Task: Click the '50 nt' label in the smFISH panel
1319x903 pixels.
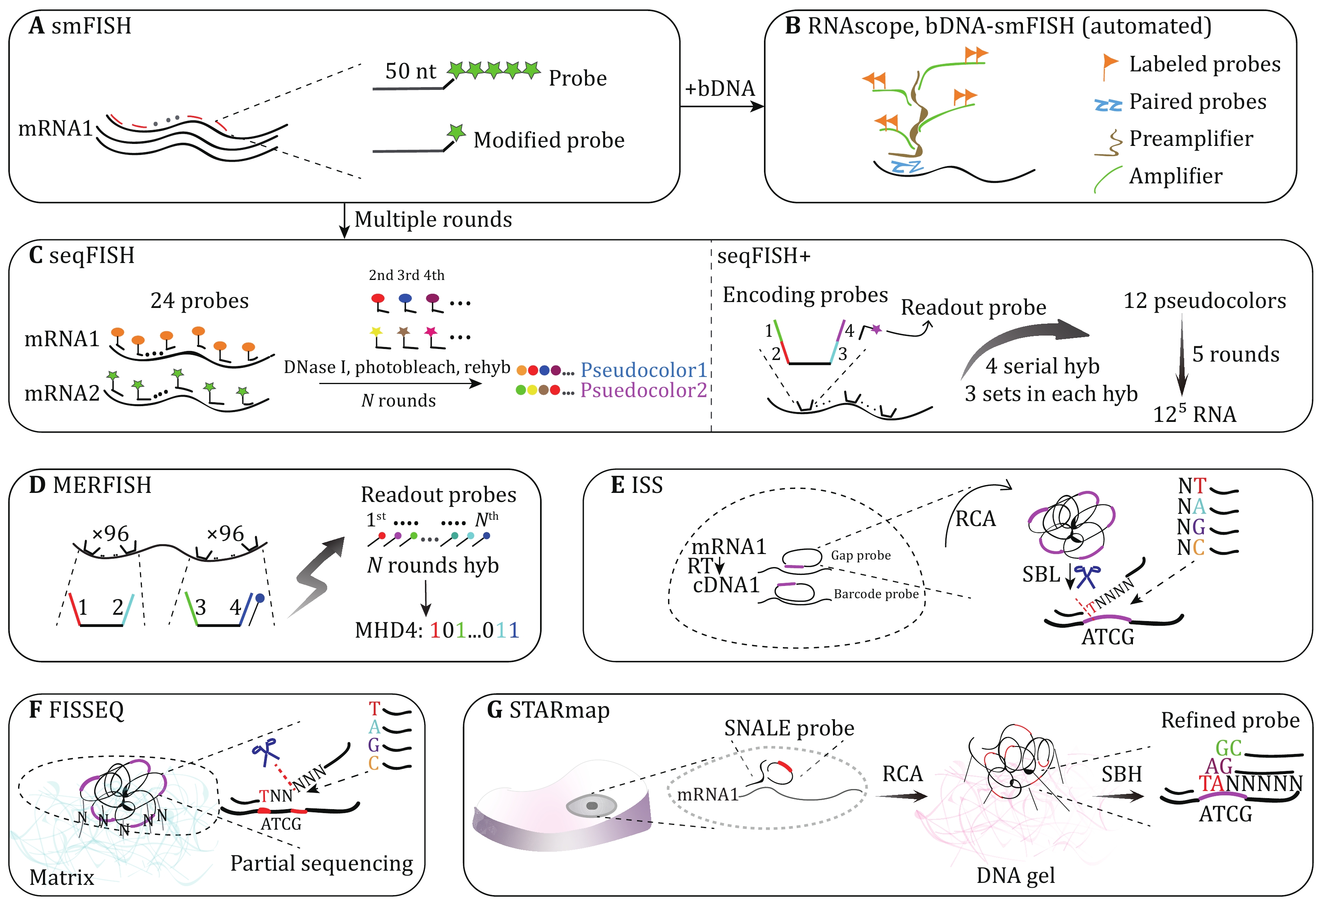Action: click(x=410, y=71)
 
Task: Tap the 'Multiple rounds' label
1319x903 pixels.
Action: click(x=433, y=220)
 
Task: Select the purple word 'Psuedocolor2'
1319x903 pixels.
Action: click(x=643, y=390)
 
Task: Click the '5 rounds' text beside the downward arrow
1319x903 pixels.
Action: click(x=1235, y=354)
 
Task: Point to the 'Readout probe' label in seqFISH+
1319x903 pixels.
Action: click(x=973, y=307)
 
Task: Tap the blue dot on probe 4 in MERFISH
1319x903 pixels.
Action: click(x=260, y=598)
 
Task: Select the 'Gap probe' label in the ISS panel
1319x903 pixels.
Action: click(x=861, y=555)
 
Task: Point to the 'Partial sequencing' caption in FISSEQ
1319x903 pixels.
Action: click(x=321, y=863)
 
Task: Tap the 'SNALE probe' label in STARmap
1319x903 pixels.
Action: click(x=788, y=728)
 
